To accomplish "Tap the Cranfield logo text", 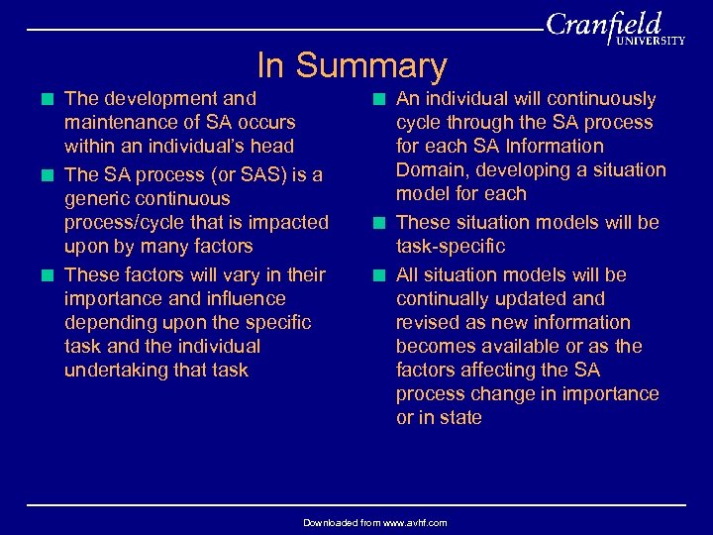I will (603, 24).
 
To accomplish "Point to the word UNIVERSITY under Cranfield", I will (651, 42).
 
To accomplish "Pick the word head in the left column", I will (272, 147).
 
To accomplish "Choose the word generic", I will (96, 199).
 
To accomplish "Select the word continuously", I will (600, 99).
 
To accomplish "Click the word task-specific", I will (451, 247).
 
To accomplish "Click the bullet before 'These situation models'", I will (381, 223).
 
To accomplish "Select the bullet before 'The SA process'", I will (50, 175).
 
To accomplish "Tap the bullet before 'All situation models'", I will (381, 275).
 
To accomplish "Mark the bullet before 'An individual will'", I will (381, 99).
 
